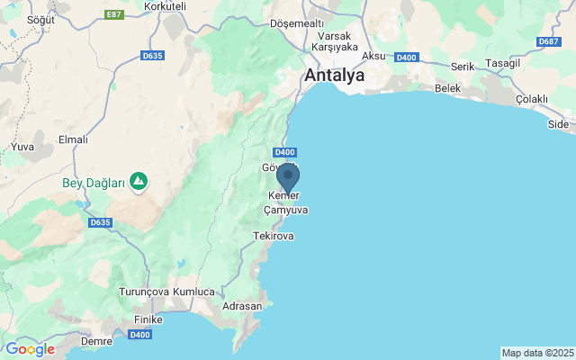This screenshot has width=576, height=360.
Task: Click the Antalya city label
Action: (x=335, y=76)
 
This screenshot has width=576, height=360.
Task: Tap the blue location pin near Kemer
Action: (x=288, y=177)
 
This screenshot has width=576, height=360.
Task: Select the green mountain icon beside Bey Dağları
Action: (x=139, y=183)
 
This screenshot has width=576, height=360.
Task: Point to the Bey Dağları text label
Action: (x=94, y=183)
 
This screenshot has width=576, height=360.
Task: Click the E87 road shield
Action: (x=113, y=15)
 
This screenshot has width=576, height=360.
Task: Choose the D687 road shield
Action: (x=548, y=42)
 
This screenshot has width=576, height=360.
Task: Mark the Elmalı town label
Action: (x=73, y=139)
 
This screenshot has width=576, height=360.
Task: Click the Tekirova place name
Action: (x=274, y=236)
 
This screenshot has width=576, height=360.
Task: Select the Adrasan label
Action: (x=242, y=306)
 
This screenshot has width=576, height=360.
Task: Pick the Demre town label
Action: (x=96, y=342)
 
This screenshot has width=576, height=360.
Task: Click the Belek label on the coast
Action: (x=447, y=88)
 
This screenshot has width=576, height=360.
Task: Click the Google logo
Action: (x=30, y=349)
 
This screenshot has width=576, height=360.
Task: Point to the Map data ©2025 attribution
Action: (x=536, y=353)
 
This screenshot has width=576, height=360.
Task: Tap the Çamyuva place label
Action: (x=285, y=210)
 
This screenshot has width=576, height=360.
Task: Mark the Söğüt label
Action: (x=41, y=19)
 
